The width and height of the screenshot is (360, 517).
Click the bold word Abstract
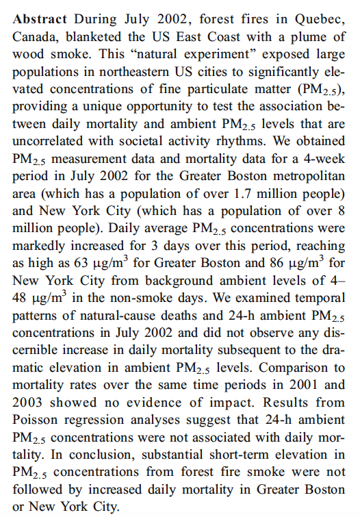[x=40, y=19]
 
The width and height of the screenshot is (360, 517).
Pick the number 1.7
[x=242, y=194]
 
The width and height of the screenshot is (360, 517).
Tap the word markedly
[x=38, y=246]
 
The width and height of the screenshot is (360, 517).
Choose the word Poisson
[x=36, y=420]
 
